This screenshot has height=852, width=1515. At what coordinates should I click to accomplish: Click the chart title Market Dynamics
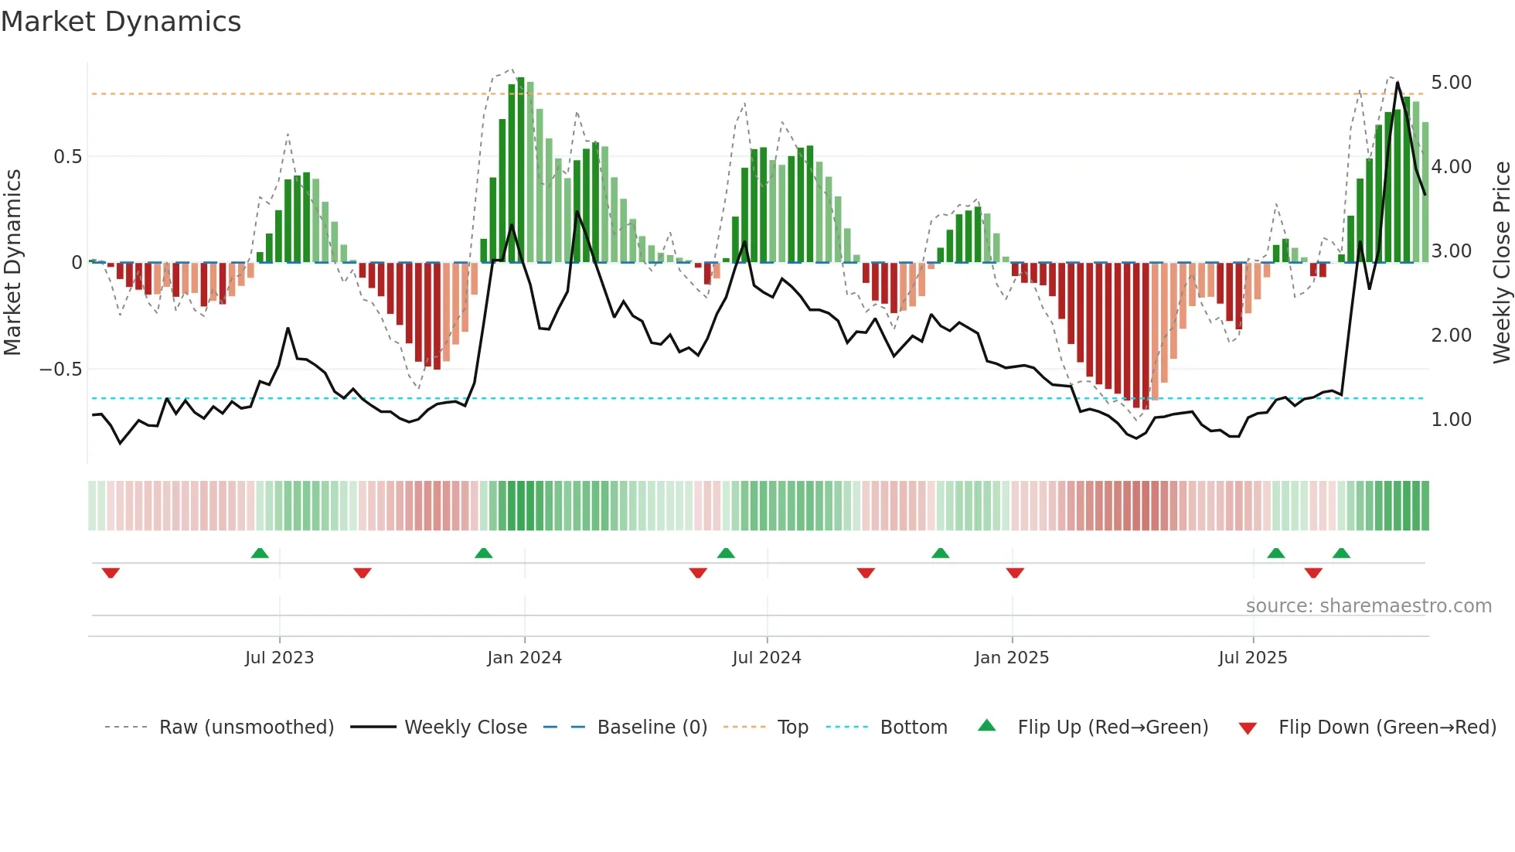(x=121, y=22)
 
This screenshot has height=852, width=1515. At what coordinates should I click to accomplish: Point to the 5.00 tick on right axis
(x=1451, y=83)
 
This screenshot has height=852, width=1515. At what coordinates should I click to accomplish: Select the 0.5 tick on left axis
(x=67, y=157)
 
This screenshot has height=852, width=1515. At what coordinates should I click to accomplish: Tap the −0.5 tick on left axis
(x=60, y=370)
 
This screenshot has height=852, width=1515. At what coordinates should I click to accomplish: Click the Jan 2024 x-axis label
(x=524, y=658)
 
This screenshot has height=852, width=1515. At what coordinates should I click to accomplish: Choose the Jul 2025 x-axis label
(x=1252, y=658)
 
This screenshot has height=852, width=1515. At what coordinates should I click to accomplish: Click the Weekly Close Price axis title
(x=1501, y=263)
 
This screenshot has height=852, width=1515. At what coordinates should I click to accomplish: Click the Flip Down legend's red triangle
(x=1248, y=728)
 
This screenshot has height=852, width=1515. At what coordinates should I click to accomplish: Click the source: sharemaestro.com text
(x=1368, y=606)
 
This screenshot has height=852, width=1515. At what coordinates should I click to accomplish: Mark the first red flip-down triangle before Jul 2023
(x=111, y=573)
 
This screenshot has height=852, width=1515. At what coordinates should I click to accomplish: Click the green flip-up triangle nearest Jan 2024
(x=483, y=553)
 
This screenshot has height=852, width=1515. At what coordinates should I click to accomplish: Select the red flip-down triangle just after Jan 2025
(x=1015, y=573)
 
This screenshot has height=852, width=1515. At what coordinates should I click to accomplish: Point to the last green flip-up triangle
(x=1341, y=553)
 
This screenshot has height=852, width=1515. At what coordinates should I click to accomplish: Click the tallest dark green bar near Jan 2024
(x=521, y=170)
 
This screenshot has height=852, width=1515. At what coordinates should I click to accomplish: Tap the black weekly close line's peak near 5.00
(x=1397, y=83)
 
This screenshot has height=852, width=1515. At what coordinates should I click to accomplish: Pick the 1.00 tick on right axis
(x=1451, y=420)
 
